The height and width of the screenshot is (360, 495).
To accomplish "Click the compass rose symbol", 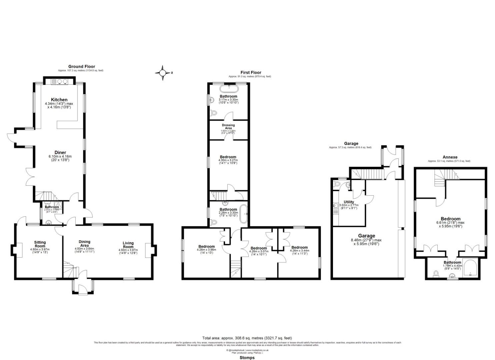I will (x=163, y=73).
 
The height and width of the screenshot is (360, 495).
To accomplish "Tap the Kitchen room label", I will (x=59, y=100).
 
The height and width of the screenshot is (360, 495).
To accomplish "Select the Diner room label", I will (x=60, y=153).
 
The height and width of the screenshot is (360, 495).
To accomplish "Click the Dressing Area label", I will (x=228, y=127).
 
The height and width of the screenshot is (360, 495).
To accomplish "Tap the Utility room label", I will (x=349, y=202).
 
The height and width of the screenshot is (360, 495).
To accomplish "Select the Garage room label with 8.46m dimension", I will (x=367, y=236).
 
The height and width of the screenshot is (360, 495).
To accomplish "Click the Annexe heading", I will (x=450, y=157).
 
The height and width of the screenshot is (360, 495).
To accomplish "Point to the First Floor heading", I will (x=251, y=72).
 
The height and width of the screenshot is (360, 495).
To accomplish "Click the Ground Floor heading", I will (x=82, y=66).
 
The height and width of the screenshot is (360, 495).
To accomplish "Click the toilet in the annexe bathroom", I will (x=435, y=274).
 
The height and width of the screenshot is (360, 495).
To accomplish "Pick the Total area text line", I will (x=247, y=338).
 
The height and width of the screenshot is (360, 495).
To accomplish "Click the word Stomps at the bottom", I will (x=247, y=358).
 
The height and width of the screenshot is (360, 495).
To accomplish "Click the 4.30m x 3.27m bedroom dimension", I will (x=228, y=160).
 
